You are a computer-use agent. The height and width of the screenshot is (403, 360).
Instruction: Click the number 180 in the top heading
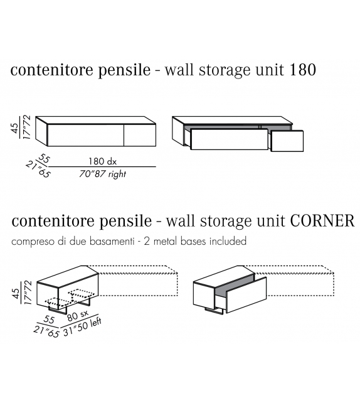303,70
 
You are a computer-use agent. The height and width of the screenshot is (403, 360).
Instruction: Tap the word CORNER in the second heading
322,221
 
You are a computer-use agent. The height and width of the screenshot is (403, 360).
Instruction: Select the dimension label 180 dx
102,161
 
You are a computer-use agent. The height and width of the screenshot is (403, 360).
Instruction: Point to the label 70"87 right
102,174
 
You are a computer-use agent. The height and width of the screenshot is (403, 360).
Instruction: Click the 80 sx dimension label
78,315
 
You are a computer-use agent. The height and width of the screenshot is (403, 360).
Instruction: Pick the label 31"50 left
82,326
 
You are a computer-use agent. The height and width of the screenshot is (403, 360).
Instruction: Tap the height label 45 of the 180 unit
15,128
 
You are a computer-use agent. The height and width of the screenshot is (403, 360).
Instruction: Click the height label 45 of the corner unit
16,293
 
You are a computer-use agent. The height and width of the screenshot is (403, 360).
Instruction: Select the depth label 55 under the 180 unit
44,159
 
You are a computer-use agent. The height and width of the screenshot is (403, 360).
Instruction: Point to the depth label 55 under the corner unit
49,320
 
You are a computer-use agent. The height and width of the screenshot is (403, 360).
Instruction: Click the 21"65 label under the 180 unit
38,169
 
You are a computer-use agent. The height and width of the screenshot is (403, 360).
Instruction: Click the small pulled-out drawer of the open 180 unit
287,141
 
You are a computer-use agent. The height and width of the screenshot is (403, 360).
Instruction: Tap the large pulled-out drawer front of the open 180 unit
229,139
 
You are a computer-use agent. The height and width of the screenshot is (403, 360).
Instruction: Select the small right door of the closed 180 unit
140,136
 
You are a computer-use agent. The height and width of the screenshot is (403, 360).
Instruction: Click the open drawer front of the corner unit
246,295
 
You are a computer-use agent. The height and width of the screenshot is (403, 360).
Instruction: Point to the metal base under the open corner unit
214,311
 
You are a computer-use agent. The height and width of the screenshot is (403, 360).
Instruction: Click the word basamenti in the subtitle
112,241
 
